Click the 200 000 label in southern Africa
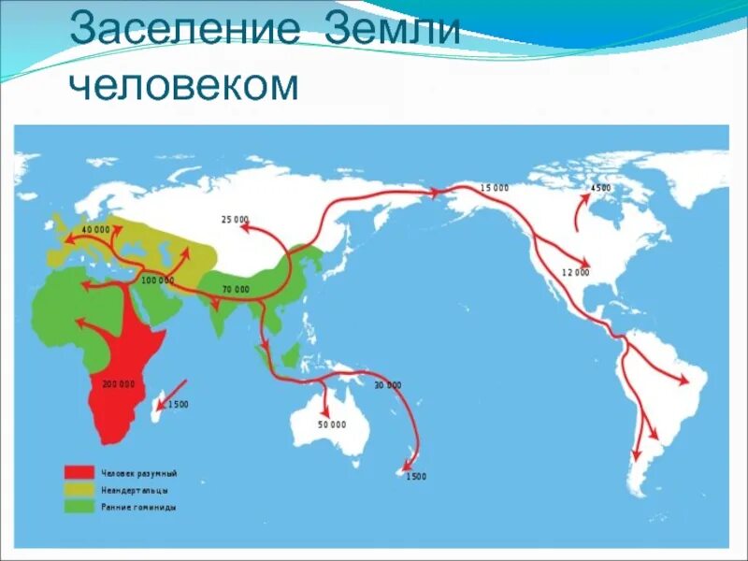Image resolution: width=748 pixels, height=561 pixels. coord(119,384)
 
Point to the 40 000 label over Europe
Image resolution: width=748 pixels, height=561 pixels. coord(95,229)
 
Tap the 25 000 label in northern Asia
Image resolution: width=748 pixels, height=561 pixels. coord(235,219)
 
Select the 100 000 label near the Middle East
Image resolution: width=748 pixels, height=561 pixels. coord(157,280)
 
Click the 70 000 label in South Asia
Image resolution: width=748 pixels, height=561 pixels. coord(235,290)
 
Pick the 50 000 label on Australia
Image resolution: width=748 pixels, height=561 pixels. coord(331,424)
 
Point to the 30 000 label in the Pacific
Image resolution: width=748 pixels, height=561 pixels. coord(387,385)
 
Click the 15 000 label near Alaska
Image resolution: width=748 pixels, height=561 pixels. coord(495,188)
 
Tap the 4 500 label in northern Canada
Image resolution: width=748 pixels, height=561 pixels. coord(600,188)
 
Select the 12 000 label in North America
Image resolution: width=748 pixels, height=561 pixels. coord(575,272)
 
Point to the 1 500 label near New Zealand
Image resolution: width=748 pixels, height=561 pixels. coord(415,477)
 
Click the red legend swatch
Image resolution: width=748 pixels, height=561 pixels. coord(79,472)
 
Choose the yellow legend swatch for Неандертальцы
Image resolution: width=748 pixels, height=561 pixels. coord(79,489)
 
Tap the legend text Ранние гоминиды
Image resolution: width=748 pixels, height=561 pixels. coord(141,507)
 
